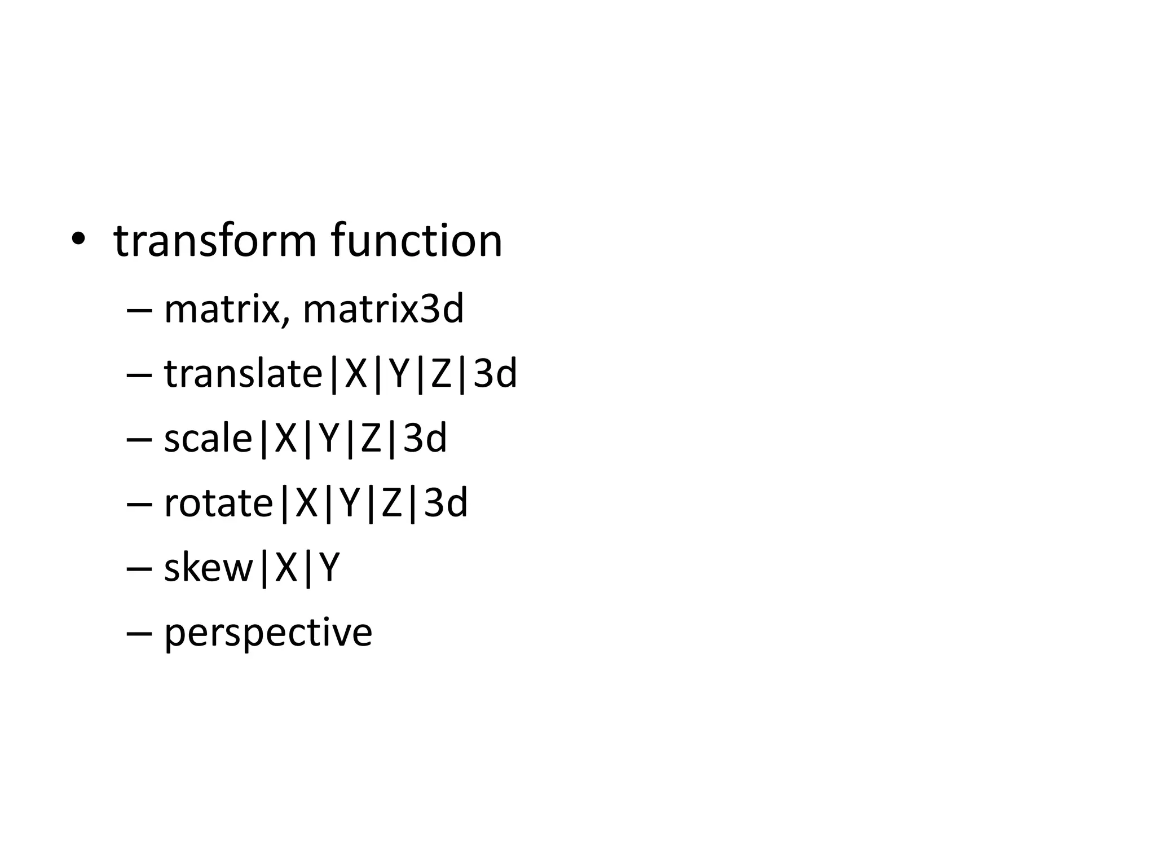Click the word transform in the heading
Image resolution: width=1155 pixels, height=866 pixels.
(215, 241)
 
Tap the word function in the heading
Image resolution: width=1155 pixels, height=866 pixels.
(416, 241)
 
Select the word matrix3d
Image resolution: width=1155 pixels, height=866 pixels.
(383, 310)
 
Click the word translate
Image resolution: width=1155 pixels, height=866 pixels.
(243, 374)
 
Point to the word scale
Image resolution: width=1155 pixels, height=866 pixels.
(208, 439)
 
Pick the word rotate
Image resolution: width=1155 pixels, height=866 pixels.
(218, 503)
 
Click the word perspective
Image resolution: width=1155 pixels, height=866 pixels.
(268, 633)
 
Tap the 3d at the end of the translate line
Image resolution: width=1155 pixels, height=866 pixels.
(495, 374)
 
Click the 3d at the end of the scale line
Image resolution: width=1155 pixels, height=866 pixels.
(425, 439)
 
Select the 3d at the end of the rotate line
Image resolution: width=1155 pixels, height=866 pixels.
(446, 503)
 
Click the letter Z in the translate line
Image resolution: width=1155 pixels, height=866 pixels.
(442, 374)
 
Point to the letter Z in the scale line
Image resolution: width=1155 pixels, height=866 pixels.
(372, 439)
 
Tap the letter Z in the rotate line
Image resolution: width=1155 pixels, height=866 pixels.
(393, 503)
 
